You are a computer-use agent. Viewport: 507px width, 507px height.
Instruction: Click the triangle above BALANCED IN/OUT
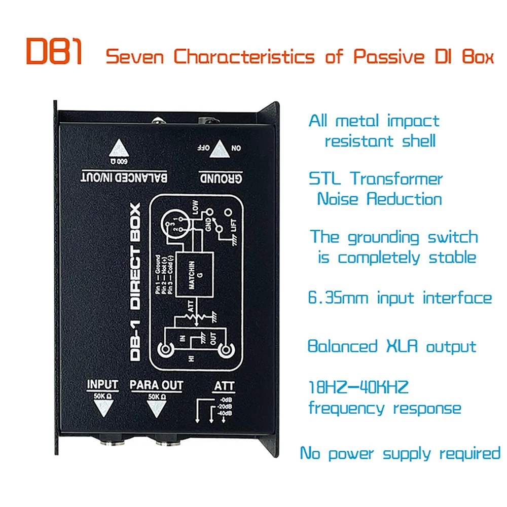(120, 149)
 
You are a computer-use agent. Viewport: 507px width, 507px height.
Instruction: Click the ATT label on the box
(224, 386)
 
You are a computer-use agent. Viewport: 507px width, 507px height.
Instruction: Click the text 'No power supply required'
(400, 453)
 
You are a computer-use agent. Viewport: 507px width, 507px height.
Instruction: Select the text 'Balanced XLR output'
(392, 347)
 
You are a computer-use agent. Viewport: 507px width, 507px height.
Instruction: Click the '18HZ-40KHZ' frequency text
(358, 388)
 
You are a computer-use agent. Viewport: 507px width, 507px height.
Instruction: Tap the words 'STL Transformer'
(376, 178)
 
